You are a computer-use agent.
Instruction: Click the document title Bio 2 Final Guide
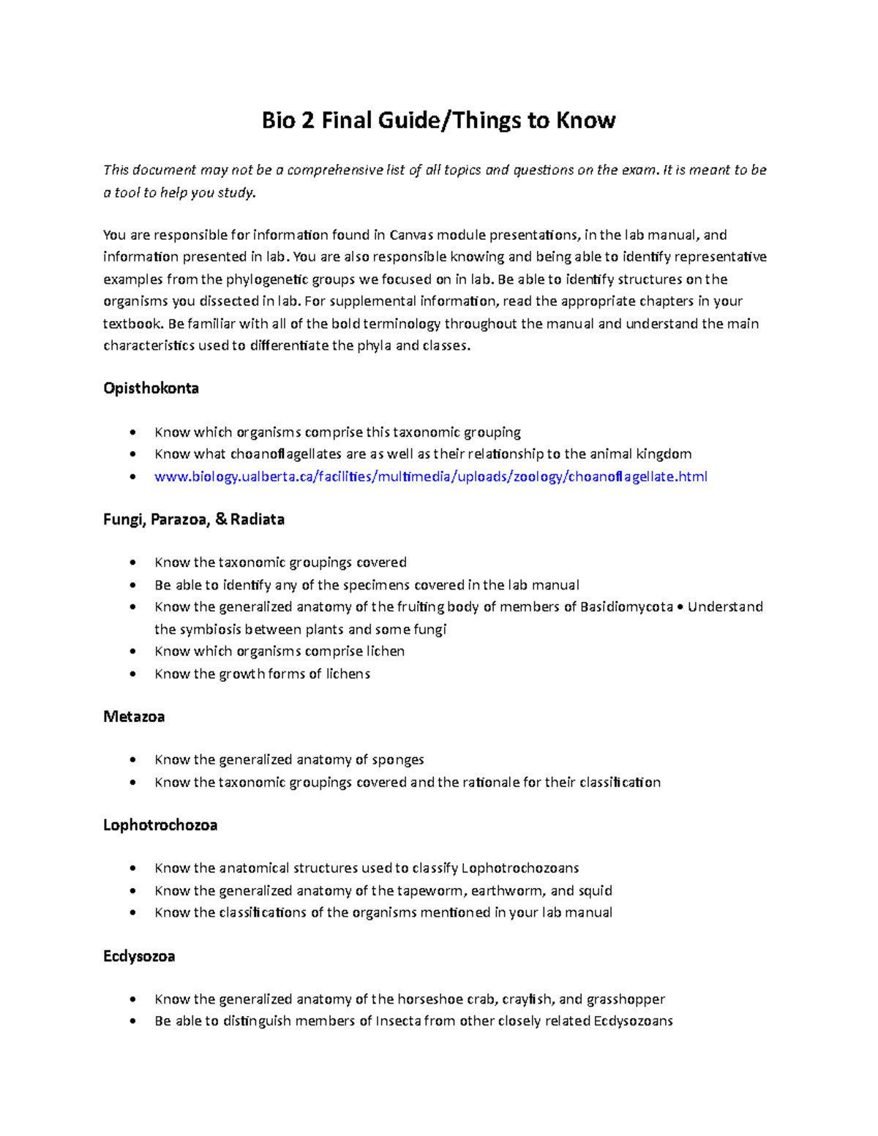[x=438, y=120]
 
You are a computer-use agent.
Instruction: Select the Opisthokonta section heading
[x=151, y=388]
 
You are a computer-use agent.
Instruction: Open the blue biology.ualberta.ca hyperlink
[x=430, y=477]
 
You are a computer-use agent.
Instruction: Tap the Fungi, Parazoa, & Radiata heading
[x=193, y=519]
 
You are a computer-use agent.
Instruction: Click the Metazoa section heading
[x=134, y=717]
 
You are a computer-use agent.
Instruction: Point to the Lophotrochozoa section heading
[x=160, y=825]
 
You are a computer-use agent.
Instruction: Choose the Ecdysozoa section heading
[x=139, y=957]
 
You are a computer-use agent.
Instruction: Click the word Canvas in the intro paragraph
[x=411, y=235]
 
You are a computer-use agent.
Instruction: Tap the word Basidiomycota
[x=626, y=607]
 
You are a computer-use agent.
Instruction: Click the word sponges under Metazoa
[x=398, y=760]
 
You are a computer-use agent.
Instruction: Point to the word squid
[x=595, y=891]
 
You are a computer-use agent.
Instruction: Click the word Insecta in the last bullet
[x=398, y=1021]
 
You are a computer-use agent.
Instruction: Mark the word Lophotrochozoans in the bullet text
[x=520, y=868]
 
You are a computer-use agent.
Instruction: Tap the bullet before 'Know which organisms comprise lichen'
[x=132, y=652]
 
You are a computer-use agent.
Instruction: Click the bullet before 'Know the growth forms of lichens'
[x=132, y=674]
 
